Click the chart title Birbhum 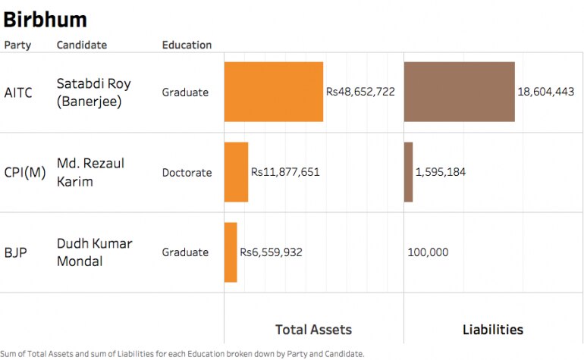tap(46, 19)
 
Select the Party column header tap(18, 45)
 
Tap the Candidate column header tap(82, 45)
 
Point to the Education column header tap(187, 45)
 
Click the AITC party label tap(18, 92)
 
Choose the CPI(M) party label tap(25, 172)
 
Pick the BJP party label tap(15, 252)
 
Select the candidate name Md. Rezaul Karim tap(90, 172)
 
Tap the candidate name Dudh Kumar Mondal tap(94, 252)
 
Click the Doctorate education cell tap(187, 172)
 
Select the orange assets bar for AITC tap(274, 92)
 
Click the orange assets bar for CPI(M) tap(236, 172)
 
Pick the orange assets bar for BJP tap(231, 252)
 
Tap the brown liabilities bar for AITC tap(459, 92)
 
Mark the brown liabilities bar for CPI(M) tap(408, 172)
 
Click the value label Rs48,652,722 tap(360, 92)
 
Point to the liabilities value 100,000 tap(428, 252)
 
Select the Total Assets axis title tap(313, 330)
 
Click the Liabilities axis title tap(493, 330)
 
